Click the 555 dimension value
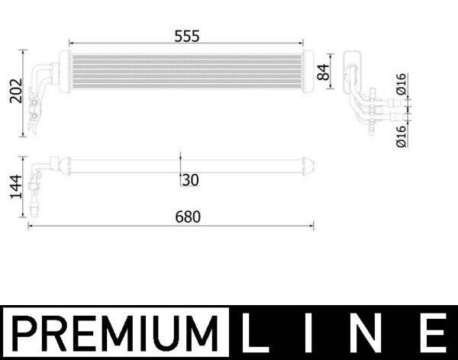(189, 36)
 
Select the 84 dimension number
(324, 73)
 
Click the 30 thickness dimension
(190, 180)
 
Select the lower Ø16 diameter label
(402, 134)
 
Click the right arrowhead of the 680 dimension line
(311, 225)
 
